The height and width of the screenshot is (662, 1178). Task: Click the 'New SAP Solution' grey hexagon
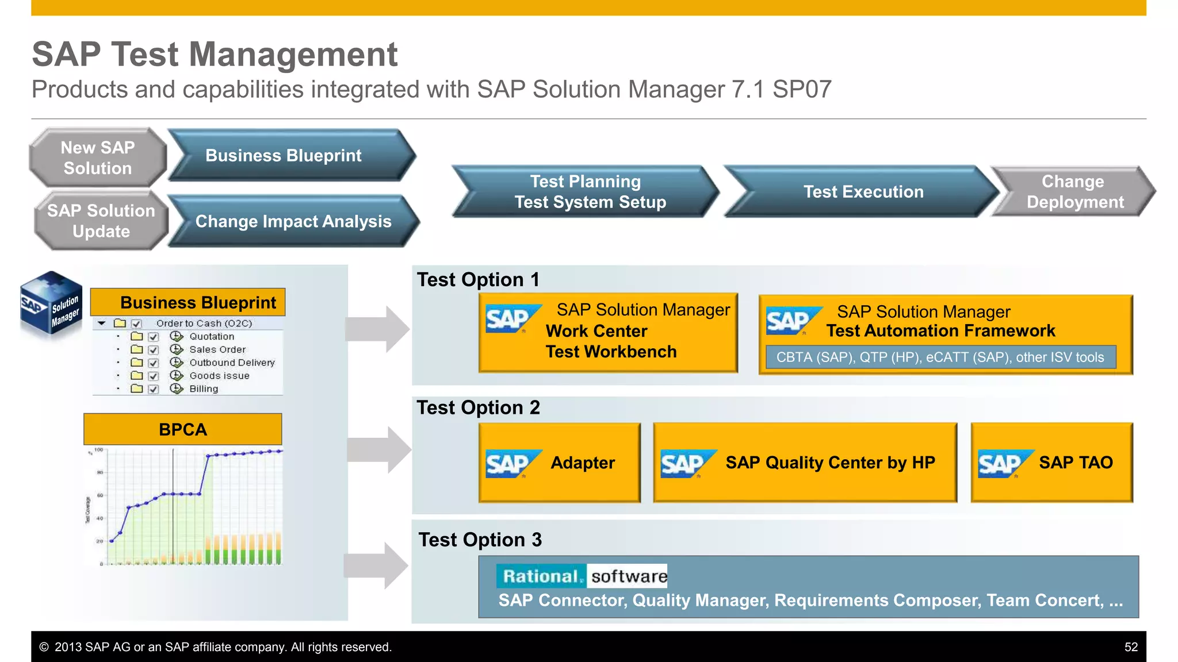point(98,157)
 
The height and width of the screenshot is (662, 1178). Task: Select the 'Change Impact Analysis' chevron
point(293,221)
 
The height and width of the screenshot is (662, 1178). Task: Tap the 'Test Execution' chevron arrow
point(863,191)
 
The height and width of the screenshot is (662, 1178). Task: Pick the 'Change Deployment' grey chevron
point(1074,191)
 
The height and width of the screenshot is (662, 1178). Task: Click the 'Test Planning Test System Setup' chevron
point(587,191)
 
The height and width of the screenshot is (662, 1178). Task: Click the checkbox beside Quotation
point(154,337)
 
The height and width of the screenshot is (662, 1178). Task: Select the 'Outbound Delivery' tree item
point(232,363)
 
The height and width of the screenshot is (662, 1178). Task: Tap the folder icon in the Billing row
point(137,389)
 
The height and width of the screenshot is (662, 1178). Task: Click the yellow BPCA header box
point(183,429)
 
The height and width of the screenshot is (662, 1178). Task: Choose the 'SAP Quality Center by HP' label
point(830,463)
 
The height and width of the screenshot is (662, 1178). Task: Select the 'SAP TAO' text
point(1076,463)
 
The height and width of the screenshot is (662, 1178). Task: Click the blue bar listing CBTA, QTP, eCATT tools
point(940,357)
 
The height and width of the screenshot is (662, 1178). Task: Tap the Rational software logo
point(582,576)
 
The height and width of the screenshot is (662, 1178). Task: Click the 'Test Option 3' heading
point(480,540)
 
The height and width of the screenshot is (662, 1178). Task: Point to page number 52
point(1131,647)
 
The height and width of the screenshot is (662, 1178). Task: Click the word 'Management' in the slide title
point(293,55)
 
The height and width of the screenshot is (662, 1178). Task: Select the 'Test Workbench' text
point(611,352)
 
